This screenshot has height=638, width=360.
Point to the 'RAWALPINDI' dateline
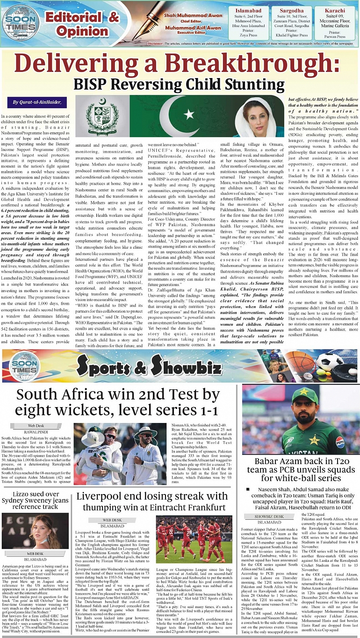(36, 432)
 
